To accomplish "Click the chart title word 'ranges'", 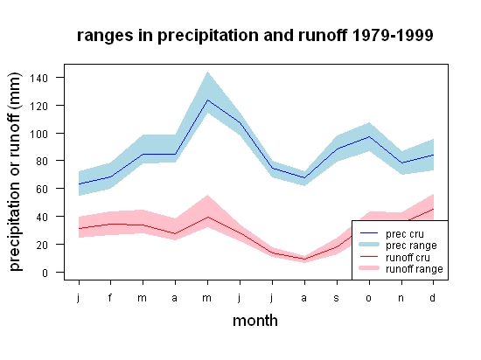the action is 105,36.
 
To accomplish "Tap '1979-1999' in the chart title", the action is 393,35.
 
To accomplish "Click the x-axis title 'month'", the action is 255,321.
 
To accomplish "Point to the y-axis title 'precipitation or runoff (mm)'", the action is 15,171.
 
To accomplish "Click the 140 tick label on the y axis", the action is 38,78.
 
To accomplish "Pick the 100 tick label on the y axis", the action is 38,134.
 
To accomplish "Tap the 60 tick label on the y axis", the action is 42,189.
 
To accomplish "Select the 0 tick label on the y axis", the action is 45,273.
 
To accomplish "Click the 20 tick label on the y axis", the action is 42,245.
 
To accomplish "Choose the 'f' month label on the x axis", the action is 110,297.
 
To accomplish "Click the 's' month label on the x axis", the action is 337,298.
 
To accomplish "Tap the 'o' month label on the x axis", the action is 369,298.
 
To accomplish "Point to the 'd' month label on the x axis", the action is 432,297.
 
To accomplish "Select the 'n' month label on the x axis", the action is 401,298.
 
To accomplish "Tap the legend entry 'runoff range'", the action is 401,269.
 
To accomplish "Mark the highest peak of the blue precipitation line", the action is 207,100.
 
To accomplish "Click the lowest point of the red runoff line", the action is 304,260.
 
